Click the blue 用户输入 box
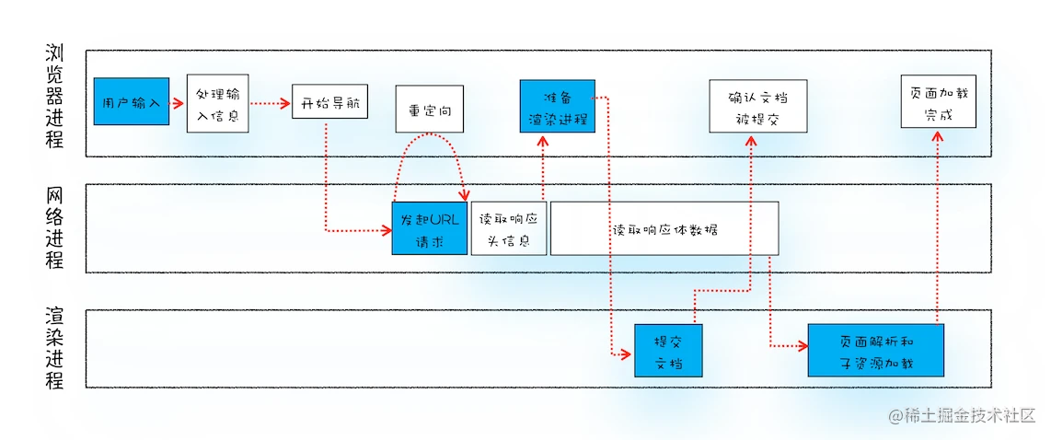pyautogui.click(x=131, y=101)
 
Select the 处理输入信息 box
pyautogui.click(x=217, y=104)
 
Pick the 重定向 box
pyautogui.click(x=429, y=110)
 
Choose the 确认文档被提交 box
pyautogui.click(x=758, y=105)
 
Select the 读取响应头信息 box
pyautogui.click(x=509, y=228)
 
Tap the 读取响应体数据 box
pyautogui.click(x=664, y=228)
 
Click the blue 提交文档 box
pyautogui.click(x=667, y=350)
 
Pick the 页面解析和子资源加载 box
pyautogui.click(x=875, y=350)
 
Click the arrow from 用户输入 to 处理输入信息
pyautogui.click(x=178, y=102)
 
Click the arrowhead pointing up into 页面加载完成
pyautogui.click(x=936, y=135)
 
